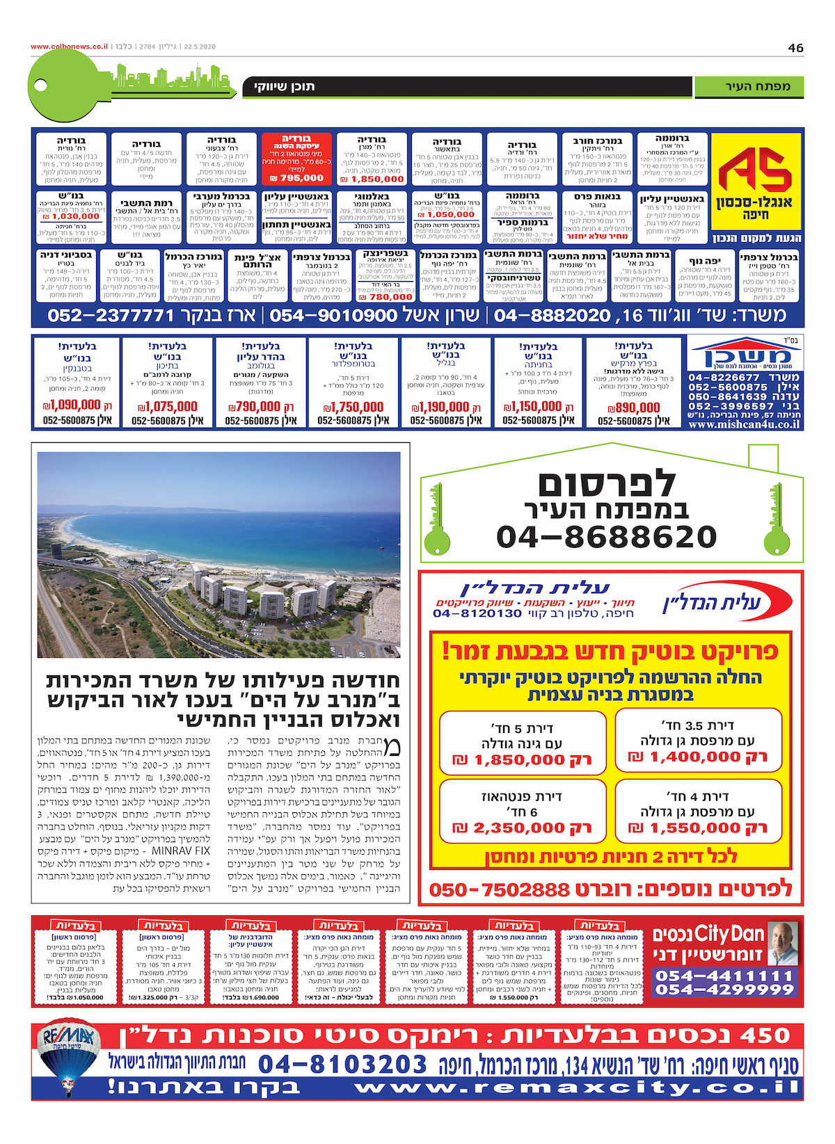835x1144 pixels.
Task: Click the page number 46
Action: click(795, 47)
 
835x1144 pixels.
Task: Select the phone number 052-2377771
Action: click(111, 316)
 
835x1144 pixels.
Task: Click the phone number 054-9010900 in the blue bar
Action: click(333, 316)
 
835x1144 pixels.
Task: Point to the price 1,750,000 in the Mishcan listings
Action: click(353, 407)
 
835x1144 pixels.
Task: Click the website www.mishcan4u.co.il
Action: click(744, 424)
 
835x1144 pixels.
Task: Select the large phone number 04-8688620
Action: click(606, 537)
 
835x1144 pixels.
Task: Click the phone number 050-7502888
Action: click(499, 889)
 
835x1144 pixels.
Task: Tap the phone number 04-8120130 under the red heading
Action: click(477, 613)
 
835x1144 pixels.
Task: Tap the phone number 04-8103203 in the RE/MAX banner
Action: click(342, 1063)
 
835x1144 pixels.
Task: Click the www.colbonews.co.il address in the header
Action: click(69, 47)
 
